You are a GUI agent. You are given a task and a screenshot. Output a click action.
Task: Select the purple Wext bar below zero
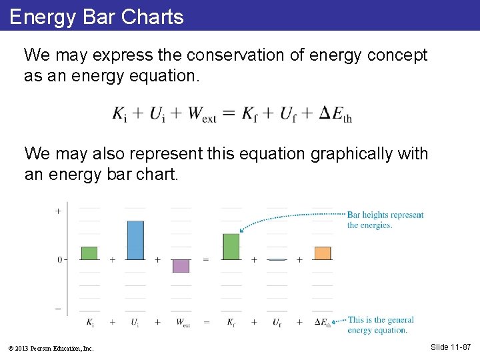point(181,266)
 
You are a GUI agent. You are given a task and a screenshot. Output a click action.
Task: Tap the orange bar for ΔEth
point(322,253)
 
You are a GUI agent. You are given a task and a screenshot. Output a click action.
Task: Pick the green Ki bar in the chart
point(89,253)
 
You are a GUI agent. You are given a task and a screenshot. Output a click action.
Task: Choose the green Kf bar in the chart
point(231,247)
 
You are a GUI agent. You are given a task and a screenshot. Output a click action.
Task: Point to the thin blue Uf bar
point(277,259)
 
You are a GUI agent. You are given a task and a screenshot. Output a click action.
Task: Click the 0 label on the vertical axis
point(59,259)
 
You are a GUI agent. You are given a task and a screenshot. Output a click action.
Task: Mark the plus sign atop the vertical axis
point(58,211)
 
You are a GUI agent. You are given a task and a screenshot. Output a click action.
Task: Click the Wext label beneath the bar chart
point(182,323)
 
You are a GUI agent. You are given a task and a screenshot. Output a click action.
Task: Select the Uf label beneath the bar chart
point(277,323)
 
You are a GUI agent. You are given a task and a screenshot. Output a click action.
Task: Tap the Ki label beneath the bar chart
point(90,323)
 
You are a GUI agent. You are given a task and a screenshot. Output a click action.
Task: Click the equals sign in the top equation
point(228,114)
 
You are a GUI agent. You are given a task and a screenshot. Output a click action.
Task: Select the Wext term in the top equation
point(203,114)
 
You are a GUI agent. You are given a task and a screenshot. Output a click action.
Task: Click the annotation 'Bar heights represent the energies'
point(385,220)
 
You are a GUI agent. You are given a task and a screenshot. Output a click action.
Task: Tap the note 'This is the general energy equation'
point(380,325)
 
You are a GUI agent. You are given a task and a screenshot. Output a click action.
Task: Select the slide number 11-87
point(451,347)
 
